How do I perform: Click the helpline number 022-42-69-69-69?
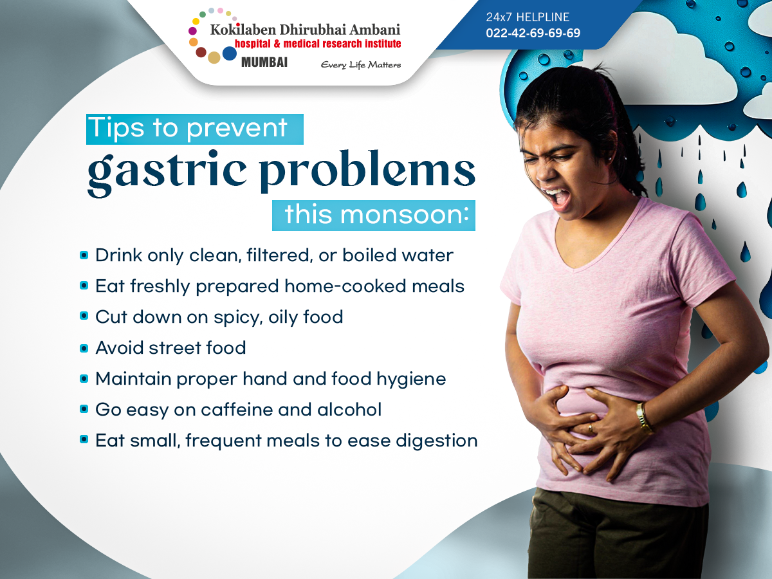click(x=533, y=33)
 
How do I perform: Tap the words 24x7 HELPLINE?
click(x=528, y=17)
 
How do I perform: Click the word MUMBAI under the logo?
click(x=264, y=62)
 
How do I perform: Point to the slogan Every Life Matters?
click(x=361, y=65)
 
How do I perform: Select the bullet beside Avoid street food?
click(x=84, y=348)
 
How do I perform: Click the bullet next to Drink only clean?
click(x=84, y=255)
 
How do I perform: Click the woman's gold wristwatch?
click(x=643, y=417)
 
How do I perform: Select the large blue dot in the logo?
click(x=230, y=53)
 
